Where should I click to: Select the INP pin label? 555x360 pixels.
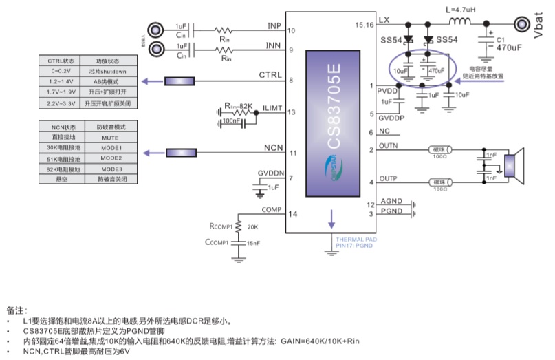tap(274, 26)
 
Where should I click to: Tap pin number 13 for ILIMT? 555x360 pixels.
tap(292, 112)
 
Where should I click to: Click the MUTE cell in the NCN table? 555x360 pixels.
tap(110, 138)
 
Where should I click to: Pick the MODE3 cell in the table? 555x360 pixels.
tap(110, 169)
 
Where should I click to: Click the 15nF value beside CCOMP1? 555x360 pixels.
tap(254, 242)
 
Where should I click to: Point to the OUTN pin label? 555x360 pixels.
tap(389, 145)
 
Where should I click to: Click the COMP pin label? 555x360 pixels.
tap(271, 209)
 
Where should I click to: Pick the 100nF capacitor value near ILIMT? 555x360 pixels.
tap(232, 121)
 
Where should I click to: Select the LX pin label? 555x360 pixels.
tap(383, 21)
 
